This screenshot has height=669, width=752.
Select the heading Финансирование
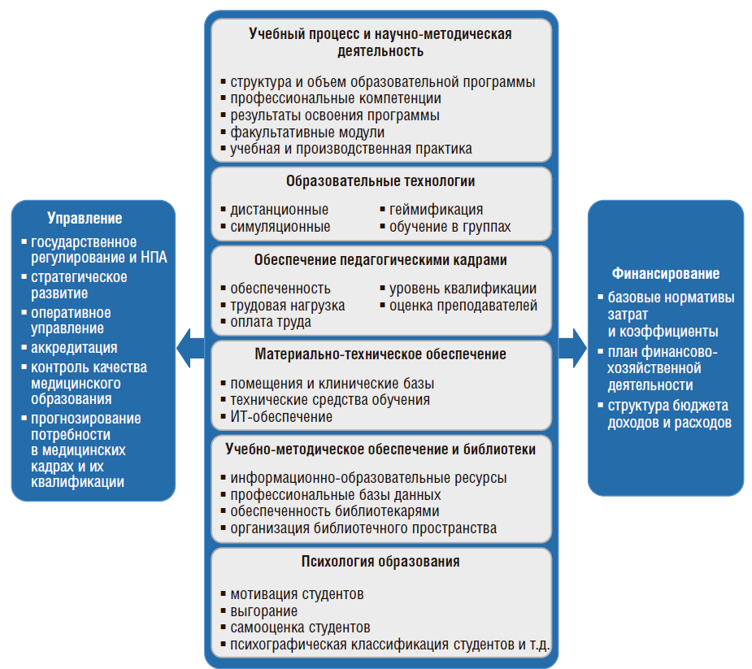666,274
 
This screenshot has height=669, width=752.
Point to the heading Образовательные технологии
380,181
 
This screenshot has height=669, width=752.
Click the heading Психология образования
380,562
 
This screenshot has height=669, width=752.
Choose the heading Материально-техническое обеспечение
380,354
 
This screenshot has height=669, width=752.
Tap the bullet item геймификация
436,210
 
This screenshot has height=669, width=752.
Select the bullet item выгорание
263,610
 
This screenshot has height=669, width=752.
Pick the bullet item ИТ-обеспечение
281,417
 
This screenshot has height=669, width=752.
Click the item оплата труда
271,322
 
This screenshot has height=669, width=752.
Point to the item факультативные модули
307,132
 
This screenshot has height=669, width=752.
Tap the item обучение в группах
450,227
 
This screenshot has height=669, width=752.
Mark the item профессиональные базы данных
335,494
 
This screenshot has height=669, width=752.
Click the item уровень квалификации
463,289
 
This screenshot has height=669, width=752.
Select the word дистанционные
279,210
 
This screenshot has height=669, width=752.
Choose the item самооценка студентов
300,628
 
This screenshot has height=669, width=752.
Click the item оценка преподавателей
463,306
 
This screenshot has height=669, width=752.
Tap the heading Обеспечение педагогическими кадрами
380,261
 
